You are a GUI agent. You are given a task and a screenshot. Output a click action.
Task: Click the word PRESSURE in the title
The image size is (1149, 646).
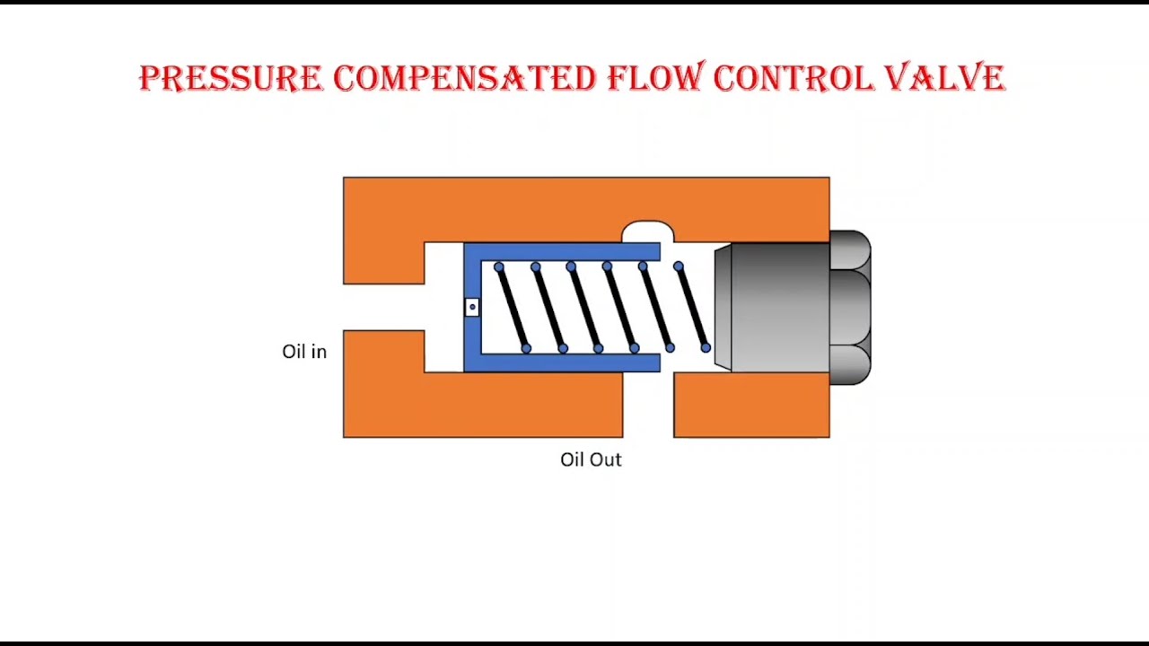231,78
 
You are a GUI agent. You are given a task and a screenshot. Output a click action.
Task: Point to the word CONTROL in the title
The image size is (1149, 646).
794,78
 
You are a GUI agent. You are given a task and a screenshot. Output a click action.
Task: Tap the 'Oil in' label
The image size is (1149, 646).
304,352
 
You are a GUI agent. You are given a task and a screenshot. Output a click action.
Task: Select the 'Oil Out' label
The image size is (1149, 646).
591,459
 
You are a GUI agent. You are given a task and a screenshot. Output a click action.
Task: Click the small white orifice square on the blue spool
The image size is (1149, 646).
472,307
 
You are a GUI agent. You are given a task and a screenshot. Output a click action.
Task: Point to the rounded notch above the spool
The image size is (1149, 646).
648,232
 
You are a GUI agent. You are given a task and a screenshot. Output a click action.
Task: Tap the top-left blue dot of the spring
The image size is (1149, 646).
499,267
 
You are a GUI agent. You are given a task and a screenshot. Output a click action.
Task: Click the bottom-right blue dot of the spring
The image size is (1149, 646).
706,347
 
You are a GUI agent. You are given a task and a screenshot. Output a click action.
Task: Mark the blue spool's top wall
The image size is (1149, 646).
566,252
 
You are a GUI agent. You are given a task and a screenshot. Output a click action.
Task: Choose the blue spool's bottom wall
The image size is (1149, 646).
566,362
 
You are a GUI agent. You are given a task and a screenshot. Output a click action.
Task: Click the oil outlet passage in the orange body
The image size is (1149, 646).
648,408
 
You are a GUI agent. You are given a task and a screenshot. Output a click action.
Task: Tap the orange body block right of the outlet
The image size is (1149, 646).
751,406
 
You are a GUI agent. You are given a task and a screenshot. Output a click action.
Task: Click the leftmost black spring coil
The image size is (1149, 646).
513,308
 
